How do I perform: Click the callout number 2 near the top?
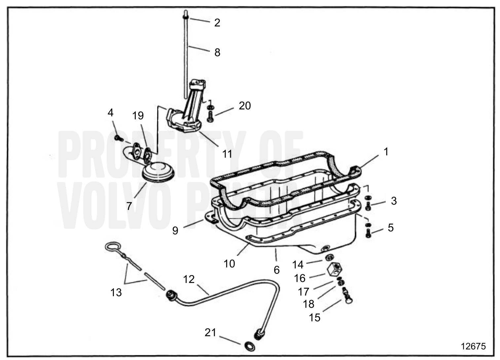coord(217,23)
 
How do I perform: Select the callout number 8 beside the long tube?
coord(217,53)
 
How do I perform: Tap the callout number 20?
coord(245,106)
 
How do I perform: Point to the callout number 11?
coord(227,154)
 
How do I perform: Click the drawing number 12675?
coord(473,346)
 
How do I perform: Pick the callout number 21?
coord(210,333)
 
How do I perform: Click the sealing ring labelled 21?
coord(248,346)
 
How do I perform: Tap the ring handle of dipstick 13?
coord(113,247)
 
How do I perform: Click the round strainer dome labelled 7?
coord(159,172)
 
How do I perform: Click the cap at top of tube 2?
coord(185,16)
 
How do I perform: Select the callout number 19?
coord(138,115)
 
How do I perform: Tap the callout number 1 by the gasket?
coord(386,152)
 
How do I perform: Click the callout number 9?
coord(175,230)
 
